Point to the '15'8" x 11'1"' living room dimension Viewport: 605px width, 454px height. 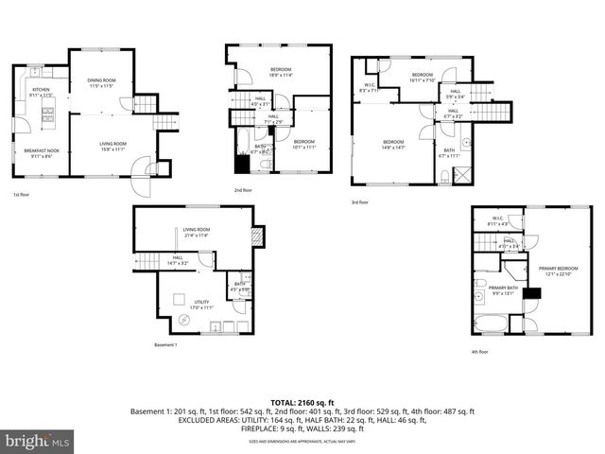[x=113, y=149]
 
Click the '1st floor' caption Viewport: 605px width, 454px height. [x=22, y=196]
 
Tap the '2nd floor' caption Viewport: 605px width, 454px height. [x=242, y=190]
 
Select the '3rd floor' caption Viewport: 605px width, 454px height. [x=358, y=201]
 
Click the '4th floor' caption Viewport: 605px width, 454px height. [x=479, y=352]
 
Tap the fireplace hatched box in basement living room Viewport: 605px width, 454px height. [x=255, y=236]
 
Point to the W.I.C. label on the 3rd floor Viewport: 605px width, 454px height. [x=371, y=86]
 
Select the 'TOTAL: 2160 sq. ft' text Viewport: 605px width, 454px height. [x=302, y=402]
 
